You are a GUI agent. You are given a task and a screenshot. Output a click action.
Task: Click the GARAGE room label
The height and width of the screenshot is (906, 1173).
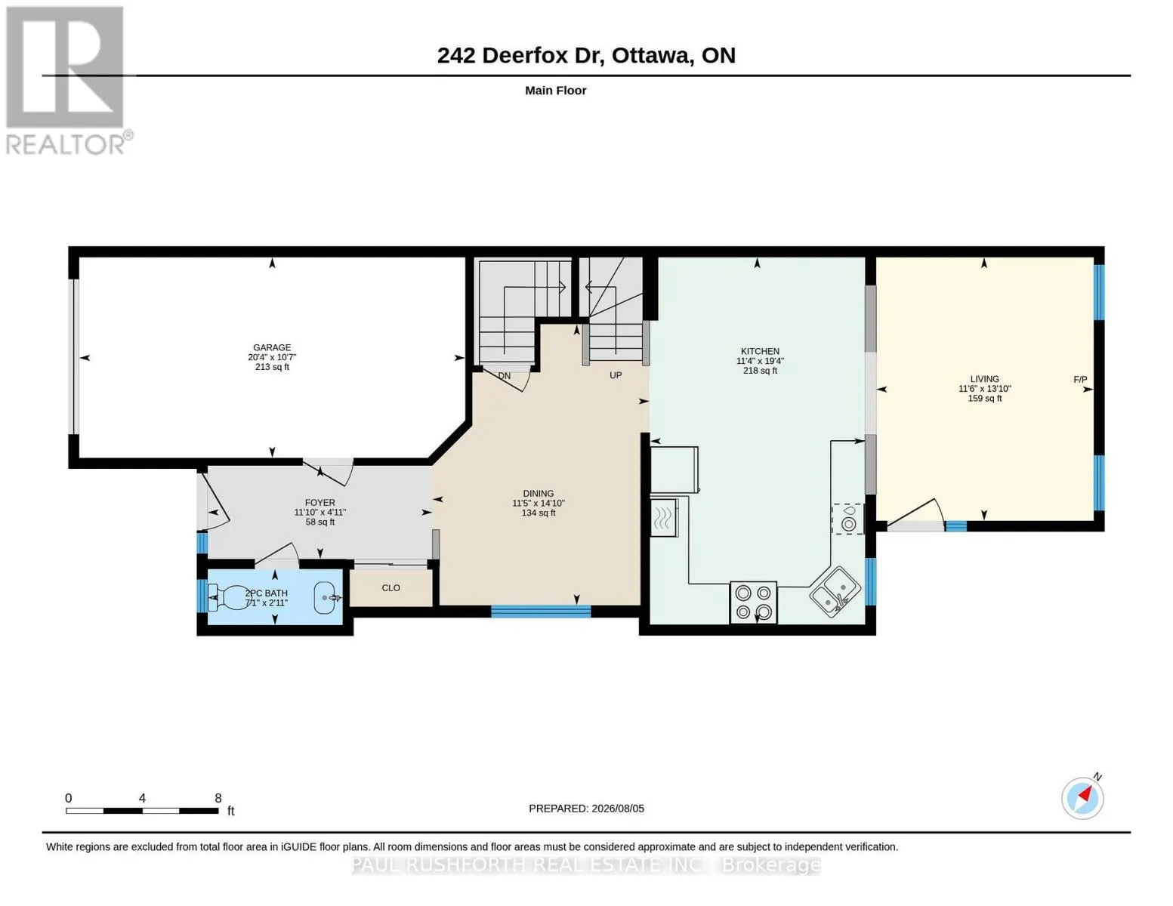pos(272,347)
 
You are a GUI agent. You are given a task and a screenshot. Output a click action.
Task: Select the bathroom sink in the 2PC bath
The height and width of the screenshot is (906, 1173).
pos(327,597)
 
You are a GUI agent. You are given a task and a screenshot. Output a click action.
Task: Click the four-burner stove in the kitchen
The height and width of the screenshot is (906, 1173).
pos(753,602)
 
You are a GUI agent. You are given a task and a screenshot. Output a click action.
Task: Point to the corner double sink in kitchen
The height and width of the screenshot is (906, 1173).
pos(835,591)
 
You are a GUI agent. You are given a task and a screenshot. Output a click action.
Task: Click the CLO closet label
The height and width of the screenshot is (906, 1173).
pos(390,587)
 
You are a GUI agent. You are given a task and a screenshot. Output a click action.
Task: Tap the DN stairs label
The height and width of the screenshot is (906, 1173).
pos(505,375)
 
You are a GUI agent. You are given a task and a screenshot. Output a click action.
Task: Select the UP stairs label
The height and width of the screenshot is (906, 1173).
pos(616,375)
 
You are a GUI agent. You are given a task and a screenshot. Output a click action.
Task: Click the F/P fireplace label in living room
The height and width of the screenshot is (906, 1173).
pos(1080,379)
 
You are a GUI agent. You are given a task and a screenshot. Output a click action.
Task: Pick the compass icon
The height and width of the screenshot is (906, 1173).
pos(1082,798)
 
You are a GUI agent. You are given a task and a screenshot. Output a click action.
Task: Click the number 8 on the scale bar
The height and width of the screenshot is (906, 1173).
pos(218,798)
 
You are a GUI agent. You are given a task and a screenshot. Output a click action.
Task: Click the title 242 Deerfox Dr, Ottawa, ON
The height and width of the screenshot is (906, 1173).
pos(586,56)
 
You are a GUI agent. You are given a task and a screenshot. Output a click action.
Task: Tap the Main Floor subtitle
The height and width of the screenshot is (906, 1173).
pos(555,91)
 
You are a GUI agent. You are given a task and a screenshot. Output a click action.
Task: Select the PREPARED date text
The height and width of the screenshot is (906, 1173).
pos(586,809)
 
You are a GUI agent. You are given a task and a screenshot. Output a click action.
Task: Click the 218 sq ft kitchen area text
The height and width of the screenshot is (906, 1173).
pos(760,371)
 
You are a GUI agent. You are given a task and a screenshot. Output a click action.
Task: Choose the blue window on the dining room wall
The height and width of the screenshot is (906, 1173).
pos(540,612)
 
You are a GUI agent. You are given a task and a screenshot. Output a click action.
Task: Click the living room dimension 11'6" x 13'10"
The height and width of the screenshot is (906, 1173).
pos(985,389)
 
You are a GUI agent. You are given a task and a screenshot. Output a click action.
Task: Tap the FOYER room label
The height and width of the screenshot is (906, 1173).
pos(319,502)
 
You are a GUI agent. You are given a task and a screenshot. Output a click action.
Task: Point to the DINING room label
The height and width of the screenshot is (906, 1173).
pos(539,493)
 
